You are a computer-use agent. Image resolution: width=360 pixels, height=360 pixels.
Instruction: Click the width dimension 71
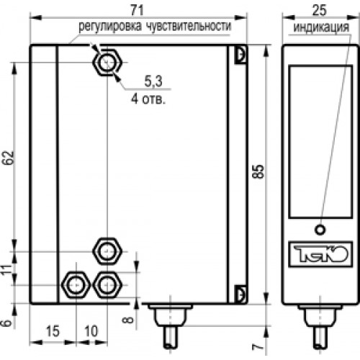[x=138, y=10]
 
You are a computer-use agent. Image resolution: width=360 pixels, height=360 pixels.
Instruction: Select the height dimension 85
[x=258, y=171]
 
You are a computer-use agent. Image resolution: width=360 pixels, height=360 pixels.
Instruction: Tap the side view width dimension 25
[x=320, y=10]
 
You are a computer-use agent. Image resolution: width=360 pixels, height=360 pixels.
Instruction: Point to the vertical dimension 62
[x=9, y=158]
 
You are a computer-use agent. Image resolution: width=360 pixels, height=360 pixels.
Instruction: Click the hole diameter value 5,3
[x=153, y=81]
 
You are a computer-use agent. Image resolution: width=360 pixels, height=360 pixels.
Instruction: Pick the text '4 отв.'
[x=148, y=99]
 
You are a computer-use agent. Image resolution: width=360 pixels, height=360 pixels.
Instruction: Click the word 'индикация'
[x=321, y=27]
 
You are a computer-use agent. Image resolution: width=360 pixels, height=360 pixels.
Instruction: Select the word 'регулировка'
[x=110, y=26]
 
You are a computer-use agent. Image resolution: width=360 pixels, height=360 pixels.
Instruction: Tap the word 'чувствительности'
[x=189, y=26]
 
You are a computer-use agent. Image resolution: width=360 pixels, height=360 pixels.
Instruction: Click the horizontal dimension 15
[x=53, y=331]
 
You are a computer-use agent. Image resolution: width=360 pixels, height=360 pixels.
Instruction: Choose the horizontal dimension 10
[x=91, y=331]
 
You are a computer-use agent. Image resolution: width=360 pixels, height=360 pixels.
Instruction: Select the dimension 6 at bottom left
[x=7, y=323]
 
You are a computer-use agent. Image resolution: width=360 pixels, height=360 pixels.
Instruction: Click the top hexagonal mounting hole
[x=107, y=63]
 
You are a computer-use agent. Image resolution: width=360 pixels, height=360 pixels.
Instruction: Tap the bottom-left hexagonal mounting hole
[x=76, y=285]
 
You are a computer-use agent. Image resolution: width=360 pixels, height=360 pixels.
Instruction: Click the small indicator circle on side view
[x=320, y=230]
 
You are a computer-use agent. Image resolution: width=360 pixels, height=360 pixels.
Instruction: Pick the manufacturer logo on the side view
[x=320, y=254]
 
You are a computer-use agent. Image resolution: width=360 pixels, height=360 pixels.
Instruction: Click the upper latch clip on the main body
[x=240, y=55]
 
